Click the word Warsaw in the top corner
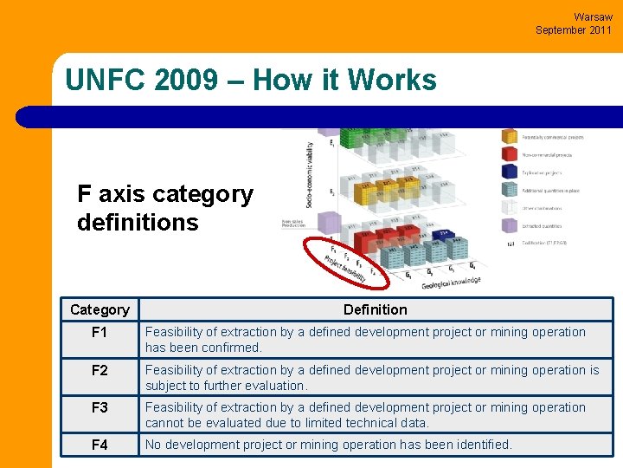coord(593,16)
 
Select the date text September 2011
coord(573,29)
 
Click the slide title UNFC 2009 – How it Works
coord(251,80)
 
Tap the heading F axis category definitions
coord(164,208)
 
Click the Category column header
coord(100,309)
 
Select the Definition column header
coord(375,309)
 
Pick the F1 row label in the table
coord(100,332)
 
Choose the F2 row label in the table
coord(100,370)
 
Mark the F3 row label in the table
coord(100,407)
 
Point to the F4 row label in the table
coord(100,445)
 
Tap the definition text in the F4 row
coord(328,445)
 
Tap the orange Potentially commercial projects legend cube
coord(509,136)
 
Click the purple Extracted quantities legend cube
coord(509,226)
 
